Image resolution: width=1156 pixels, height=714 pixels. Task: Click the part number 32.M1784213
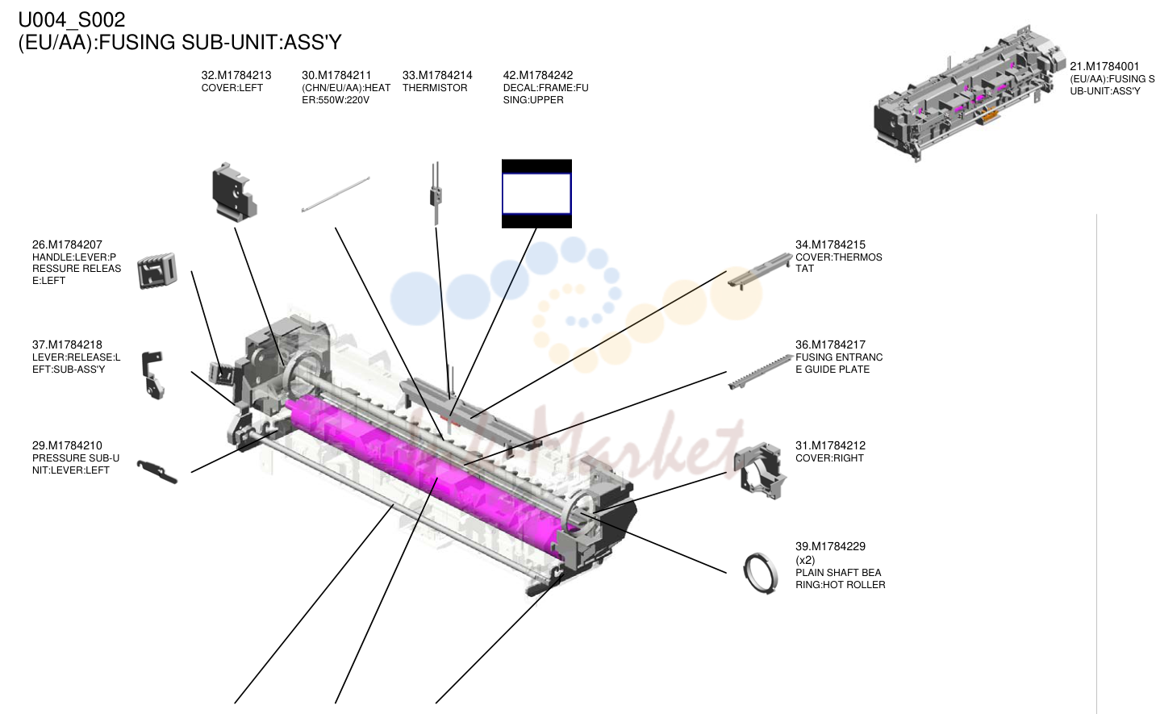click(236, 75)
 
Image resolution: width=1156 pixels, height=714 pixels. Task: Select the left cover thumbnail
click(234, 191)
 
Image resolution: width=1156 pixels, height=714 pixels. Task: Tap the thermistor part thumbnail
click(436, 194)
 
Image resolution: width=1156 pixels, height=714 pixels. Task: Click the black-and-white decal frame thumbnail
click(536, 194)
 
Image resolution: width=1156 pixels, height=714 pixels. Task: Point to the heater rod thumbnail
click(336, 194)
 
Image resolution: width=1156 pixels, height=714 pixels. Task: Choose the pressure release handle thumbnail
click(157, 270)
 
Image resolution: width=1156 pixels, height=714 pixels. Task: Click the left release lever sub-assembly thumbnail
click(153, 375)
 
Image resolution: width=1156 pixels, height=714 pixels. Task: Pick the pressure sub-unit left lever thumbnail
click(156, 472)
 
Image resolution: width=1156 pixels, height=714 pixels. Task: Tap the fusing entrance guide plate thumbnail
click(760, 371)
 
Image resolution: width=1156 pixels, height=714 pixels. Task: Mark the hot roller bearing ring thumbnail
click(760, 573)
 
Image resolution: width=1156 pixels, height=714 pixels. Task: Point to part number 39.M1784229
click(830, 546)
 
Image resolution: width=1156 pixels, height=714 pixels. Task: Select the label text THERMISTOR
click(435, 88)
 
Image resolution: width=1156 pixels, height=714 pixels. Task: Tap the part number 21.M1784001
click(1104, 66)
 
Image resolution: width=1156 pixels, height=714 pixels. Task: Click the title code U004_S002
click(72, 19)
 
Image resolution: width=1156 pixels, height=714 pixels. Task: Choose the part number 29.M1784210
click(67, 445)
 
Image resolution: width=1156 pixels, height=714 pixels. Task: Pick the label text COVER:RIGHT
click(829, 458)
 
